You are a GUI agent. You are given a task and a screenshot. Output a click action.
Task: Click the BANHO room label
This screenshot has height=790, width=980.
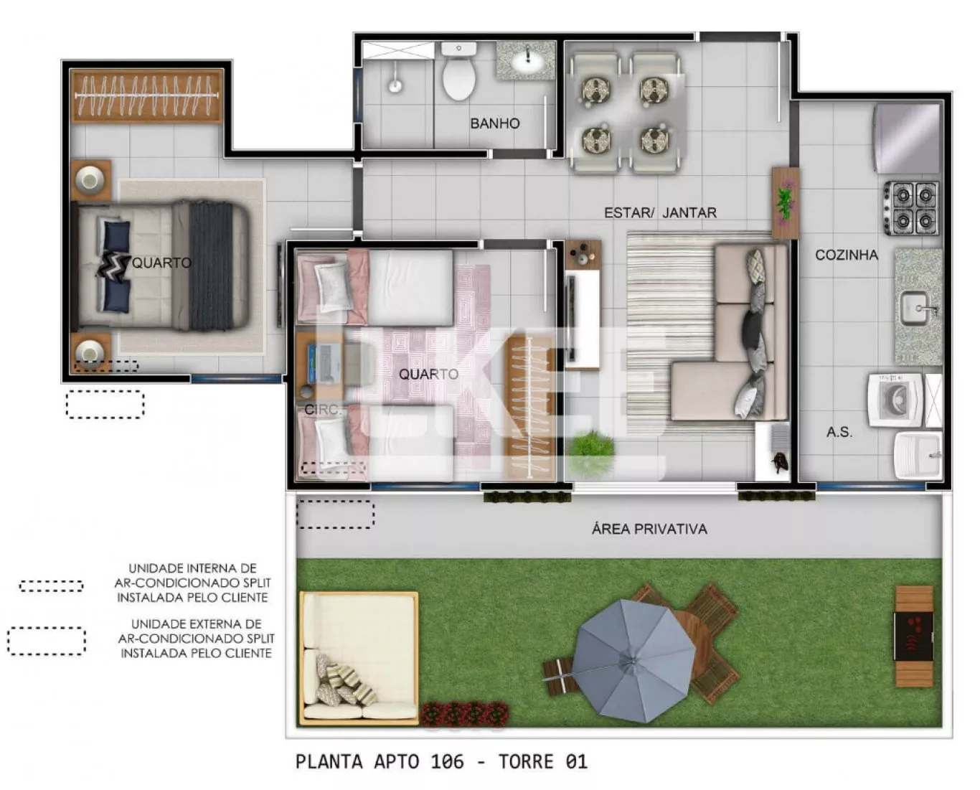pyautogui.click(x=494, y=123)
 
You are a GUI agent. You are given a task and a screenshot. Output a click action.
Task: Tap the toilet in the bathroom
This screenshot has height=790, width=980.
pyautogui.click(x=459, y=71)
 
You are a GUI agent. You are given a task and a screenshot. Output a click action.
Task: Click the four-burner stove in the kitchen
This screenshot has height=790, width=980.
pyautogui.click(x=912, y=208)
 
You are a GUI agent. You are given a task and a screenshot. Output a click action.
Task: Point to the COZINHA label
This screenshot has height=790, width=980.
pyautogui.click(x=847, y=255)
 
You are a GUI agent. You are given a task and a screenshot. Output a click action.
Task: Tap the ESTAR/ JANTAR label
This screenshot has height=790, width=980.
pyautogui.click(x=660, y=213)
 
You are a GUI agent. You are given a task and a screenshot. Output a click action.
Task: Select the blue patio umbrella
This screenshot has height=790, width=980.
pyautogui.click(x=633, y=661)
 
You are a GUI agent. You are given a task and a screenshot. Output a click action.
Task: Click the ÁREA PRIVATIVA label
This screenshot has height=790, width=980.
pyautogui.click(x=649, y=529)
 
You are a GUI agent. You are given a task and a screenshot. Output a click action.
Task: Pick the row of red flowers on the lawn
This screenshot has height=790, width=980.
pyautogui.click(x=464, y=713)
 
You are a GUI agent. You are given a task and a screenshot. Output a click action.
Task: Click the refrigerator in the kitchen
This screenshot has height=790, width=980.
pyautogui.click(x=908, y=138)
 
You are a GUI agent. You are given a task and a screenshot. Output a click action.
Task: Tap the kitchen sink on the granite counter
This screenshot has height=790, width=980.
pyautogui.click(x=916, y=308)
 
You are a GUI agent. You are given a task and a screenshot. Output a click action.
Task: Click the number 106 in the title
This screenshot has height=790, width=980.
pyautogui.click(x=447, y=762)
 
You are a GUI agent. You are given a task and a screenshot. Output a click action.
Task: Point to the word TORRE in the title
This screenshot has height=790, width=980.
pyautogui.click(x=527, y=762)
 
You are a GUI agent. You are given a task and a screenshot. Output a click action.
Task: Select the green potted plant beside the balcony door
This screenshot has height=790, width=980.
pyautogui.click(x=592, y=449)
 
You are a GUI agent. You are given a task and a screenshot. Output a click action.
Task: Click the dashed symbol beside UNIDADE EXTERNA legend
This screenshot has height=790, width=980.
pyautogui.click(x=47, y=641)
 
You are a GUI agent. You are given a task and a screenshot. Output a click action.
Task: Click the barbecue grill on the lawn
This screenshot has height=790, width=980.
pyautogui.click(x=914, y=636)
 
